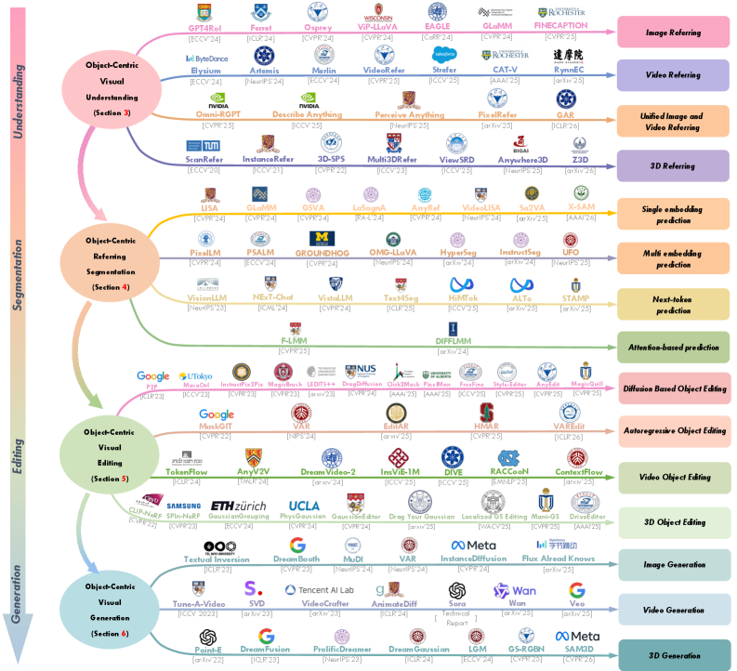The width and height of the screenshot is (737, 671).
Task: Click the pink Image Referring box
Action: (x=674, y=31)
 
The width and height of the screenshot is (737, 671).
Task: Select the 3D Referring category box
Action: (x=674, y=166)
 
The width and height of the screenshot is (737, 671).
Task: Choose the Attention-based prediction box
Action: (x=674, y=348)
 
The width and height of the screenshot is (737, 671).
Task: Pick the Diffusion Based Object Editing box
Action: (x=674, y=388)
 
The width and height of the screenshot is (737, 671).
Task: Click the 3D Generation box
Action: (x=674, y=654)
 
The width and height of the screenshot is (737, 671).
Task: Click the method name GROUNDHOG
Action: (x=321, y=252)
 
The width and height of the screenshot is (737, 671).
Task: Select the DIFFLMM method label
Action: (x=454, y=341)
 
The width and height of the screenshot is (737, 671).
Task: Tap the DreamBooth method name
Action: (x=296, y=559)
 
